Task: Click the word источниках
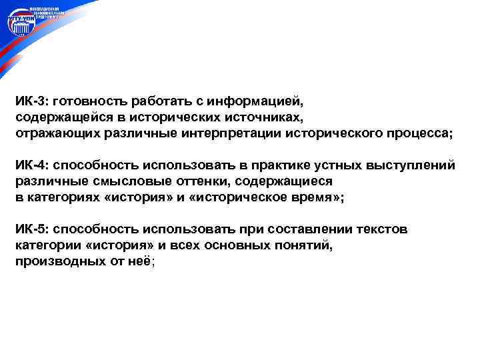click(263, 117)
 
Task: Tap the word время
click(319, 197)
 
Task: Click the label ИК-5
click(30, 230)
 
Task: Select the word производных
click(57, 261)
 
